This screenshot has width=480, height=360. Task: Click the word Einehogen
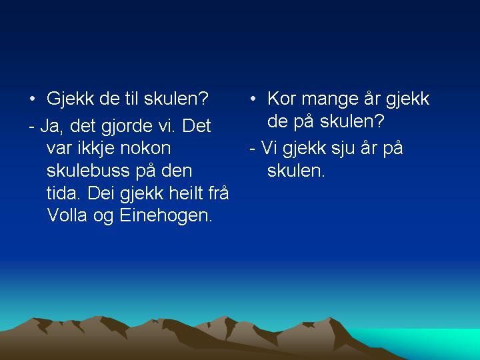click(165, 216)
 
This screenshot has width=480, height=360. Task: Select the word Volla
click(67, 215)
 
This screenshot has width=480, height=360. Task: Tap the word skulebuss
click(88, 170)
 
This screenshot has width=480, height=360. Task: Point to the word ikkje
click(96, 148)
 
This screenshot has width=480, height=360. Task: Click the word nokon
click(145, 149)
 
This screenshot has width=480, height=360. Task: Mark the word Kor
click(282, 99)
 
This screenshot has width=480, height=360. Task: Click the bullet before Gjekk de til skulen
click(32, 99)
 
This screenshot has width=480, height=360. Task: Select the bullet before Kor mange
click(253, 99)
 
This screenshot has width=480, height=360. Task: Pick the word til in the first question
click(132, 99)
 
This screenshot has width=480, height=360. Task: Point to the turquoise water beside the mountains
click(429, 341)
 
